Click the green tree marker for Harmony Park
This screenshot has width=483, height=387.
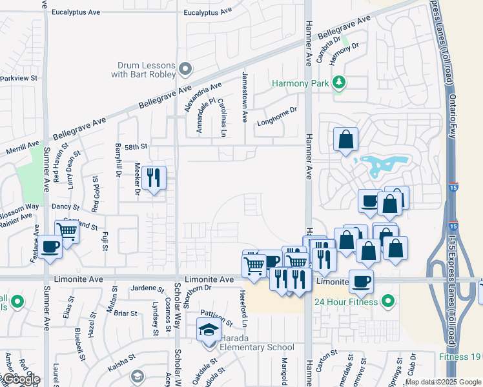[338, 83]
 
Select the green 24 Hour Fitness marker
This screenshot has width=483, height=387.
[387, 300]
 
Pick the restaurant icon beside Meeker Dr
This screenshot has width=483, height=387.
[153, 177]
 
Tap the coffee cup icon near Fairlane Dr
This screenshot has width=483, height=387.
[50, 246]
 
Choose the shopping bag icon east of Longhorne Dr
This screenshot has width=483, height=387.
[345, 139]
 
